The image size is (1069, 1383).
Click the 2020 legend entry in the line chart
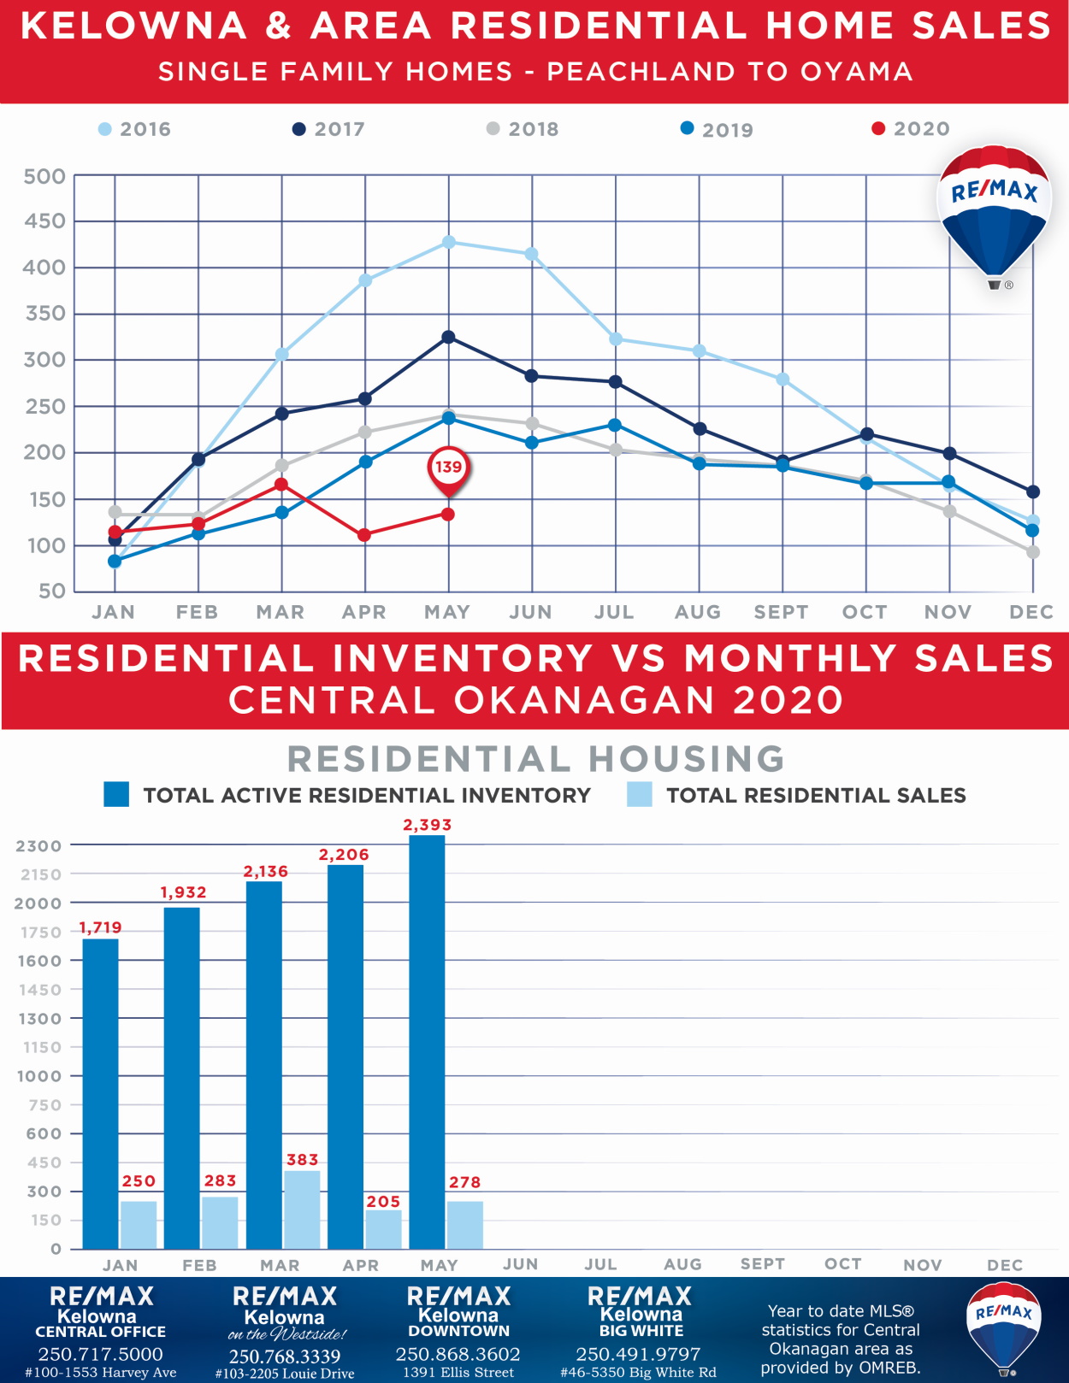click(x=911, y=129)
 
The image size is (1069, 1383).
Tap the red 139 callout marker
click(x=448, y=468)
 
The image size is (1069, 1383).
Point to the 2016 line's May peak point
click(x=448, y=243)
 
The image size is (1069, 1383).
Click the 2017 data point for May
click(x=448, y=338)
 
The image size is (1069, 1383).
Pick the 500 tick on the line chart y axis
click(x=44, y=177)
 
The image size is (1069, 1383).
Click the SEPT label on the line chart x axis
click(x=781, y=612)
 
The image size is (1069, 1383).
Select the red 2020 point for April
click(x=364, y=535)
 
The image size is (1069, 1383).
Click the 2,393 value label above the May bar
click(x=427, y=825)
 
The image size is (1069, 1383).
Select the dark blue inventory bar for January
click(x=100, y=1094)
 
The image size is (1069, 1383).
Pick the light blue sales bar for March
click(x=302, y=1209)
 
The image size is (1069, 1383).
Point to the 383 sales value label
click(x=302, y=1160)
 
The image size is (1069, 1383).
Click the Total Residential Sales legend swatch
click(x=639, y=795)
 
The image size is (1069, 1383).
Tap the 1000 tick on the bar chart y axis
click(x=39, y=1076)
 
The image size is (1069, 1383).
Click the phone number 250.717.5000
click(x=100, y=1354)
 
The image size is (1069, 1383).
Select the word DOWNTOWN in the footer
click(x=458, y=1331)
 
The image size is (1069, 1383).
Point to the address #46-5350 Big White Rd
click(x=638, y=1373)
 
